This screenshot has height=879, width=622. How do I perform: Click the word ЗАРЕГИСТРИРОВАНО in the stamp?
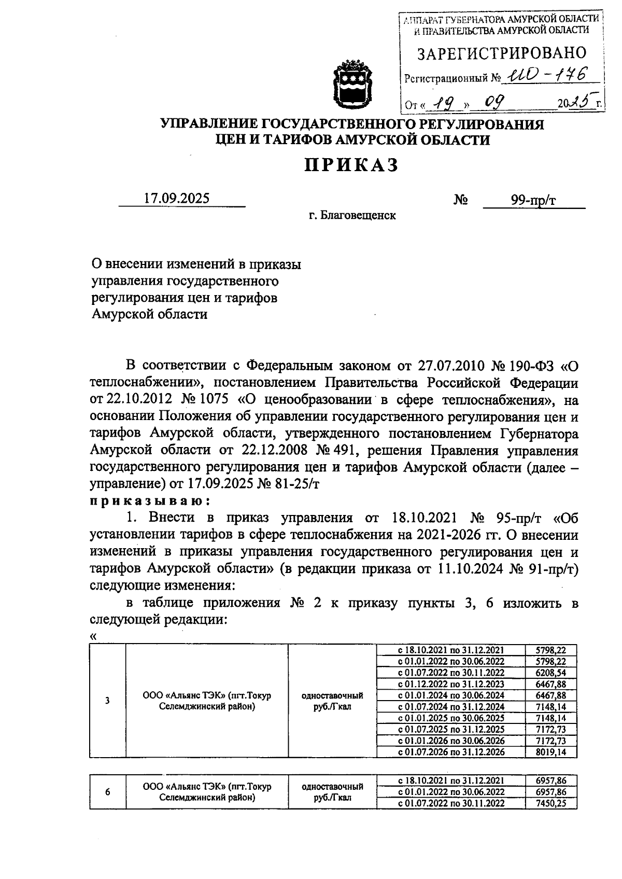tap(502, 53)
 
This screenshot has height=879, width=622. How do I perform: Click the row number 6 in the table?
tap(107, 792)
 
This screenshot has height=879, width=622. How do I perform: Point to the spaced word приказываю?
tap(150, 501)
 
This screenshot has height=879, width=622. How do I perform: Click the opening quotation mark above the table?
tap(93, 636)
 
